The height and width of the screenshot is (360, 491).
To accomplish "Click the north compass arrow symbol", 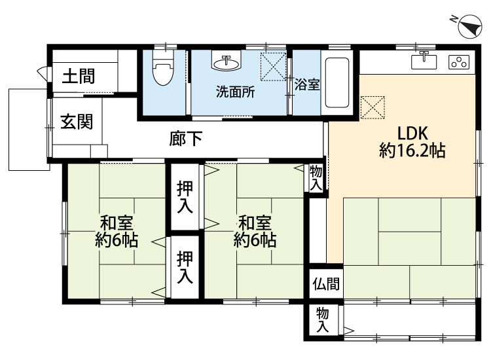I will pyautogui.click(x=465, y=24).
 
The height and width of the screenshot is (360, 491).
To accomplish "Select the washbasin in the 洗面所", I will pyautogui.click(x=227, y=62).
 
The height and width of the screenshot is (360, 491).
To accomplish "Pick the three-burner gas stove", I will pyautogui.click(x=459, y=63).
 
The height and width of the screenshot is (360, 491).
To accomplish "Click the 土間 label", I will pyautogui.click(x=79, y=77).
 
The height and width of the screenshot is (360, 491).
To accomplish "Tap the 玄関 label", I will pyautogui.click(x=77, y=122).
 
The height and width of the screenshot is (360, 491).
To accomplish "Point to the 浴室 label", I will pyautogui.click(x=307, y=84).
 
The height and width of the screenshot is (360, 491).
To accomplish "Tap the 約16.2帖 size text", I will pyautogui.click(x=412, y=151).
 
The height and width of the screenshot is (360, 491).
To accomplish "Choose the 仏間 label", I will pyautogui.click(x=325, y=284).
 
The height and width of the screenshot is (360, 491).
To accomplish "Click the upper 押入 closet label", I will pyautogui.click(x=185, y=196).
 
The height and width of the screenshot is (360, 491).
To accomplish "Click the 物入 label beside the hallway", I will pyautogui.click(x=316, y=178).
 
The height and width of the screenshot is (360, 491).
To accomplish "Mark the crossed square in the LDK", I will pyautogui.click(x=374, y=107).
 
